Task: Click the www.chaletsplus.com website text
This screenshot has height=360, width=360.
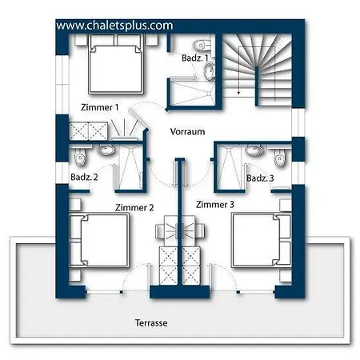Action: pos(114,26)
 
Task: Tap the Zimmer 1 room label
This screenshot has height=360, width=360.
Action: pos(100,107)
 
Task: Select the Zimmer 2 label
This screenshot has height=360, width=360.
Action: pos(134,207)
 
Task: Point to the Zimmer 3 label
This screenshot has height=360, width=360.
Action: pos(215,205)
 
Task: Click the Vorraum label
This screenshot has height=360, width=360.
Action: pos(187,131)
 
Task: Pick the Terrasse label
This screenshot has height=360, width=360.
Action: pos(151,323)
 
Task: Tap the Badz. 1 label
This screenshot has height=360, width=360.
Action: pos(194,58)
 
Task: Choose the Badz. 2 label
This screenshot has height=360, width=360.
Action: pos(84,177)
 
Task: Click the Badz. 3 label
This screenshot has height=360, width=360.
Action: pos(260,178)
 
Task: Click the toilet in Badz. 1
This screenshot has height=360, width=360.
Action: pos(202,46)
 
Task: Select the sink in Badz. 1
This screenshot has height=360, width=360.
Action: pos(210,71)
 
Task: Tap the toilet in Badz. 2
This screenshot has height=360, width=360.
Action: pos(80,157)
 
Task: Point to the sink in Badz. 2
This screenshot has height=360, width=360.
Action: pos(106,150)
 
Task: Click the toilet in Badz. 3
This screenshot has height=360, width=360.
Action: pos(279,158)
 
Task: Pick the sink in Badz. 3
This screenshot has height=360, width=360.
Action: pos(254,150)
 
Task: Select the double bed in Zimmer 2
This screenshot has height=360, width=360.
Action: pos(99,240)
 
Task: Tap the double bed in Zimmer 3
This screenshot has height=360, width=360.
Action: pos(262,240)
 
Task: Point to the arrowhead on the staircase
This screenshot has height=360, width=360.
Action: pos(239,93)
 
